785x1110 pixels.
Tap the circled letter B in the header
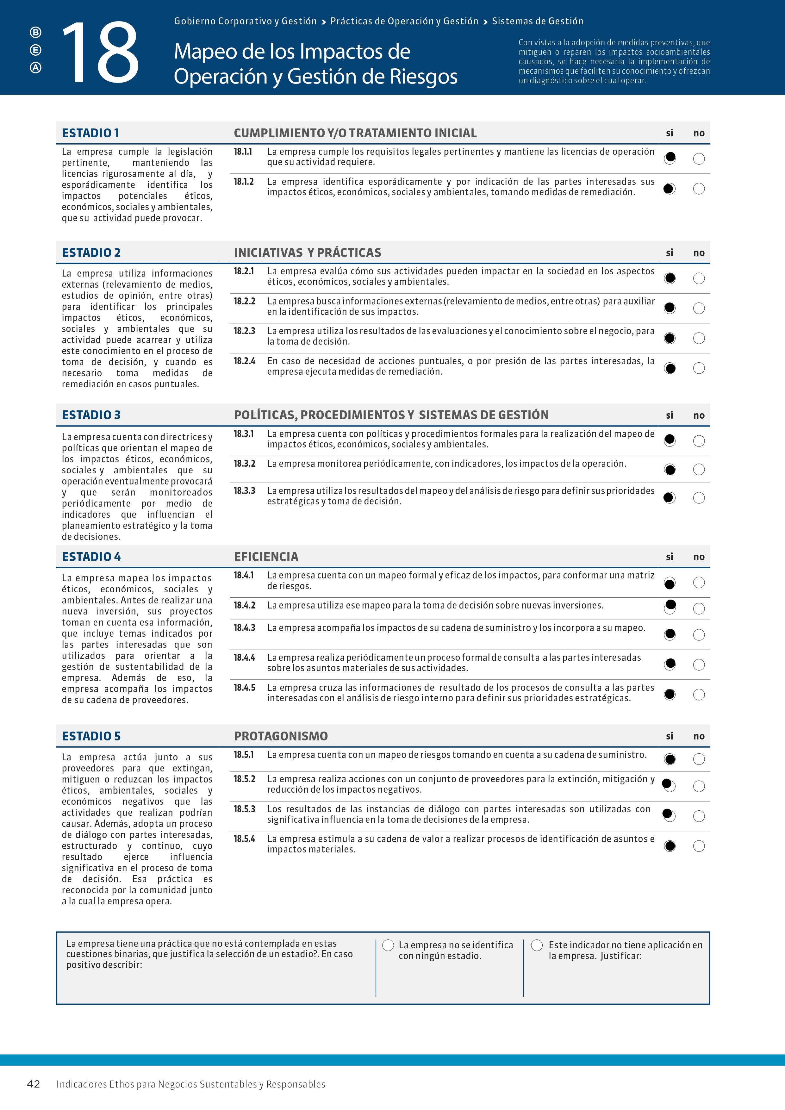pyautogui.click(x=36, y=32)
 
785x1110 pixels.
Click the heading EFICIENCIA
pyautogui.click(x=266, y=557)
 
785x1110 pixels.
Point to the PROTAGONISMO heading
pyautogui.click(x=281, y=736)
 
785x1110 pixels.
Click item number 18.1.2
pyautogui.click(x=244, y=181)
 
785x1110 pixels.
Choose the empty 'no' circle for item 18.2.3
pyautogui.click(x=699, y=338)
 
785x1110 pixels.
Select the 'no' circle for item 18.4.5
pyautogui.click(x=699, y=695)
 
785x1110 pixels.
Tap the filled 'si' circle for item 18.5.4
pyautogui.click(x=670, y=845)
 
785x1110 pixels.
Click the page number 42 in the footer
pyautogui.click(x=33, y=1084)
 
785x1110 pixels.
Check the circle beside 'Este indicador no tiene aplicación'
pyautogui.click(x=537, y=945)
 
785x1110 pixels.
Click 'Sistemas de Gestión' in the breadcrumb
pyautogui.click(x=538, y=21)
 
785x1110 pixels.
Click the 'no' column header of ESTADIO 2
pyautogui.click(x=699, y=253)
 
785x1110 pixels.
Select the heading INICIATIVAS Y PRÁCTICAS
pyautogui.click(x=308, y=253)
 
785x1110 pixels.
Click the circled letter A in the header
pyautogui.click(x=36, y=68)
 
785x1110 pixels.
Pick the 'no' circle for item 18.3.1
pyautogui.click(x=699, y=440)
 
